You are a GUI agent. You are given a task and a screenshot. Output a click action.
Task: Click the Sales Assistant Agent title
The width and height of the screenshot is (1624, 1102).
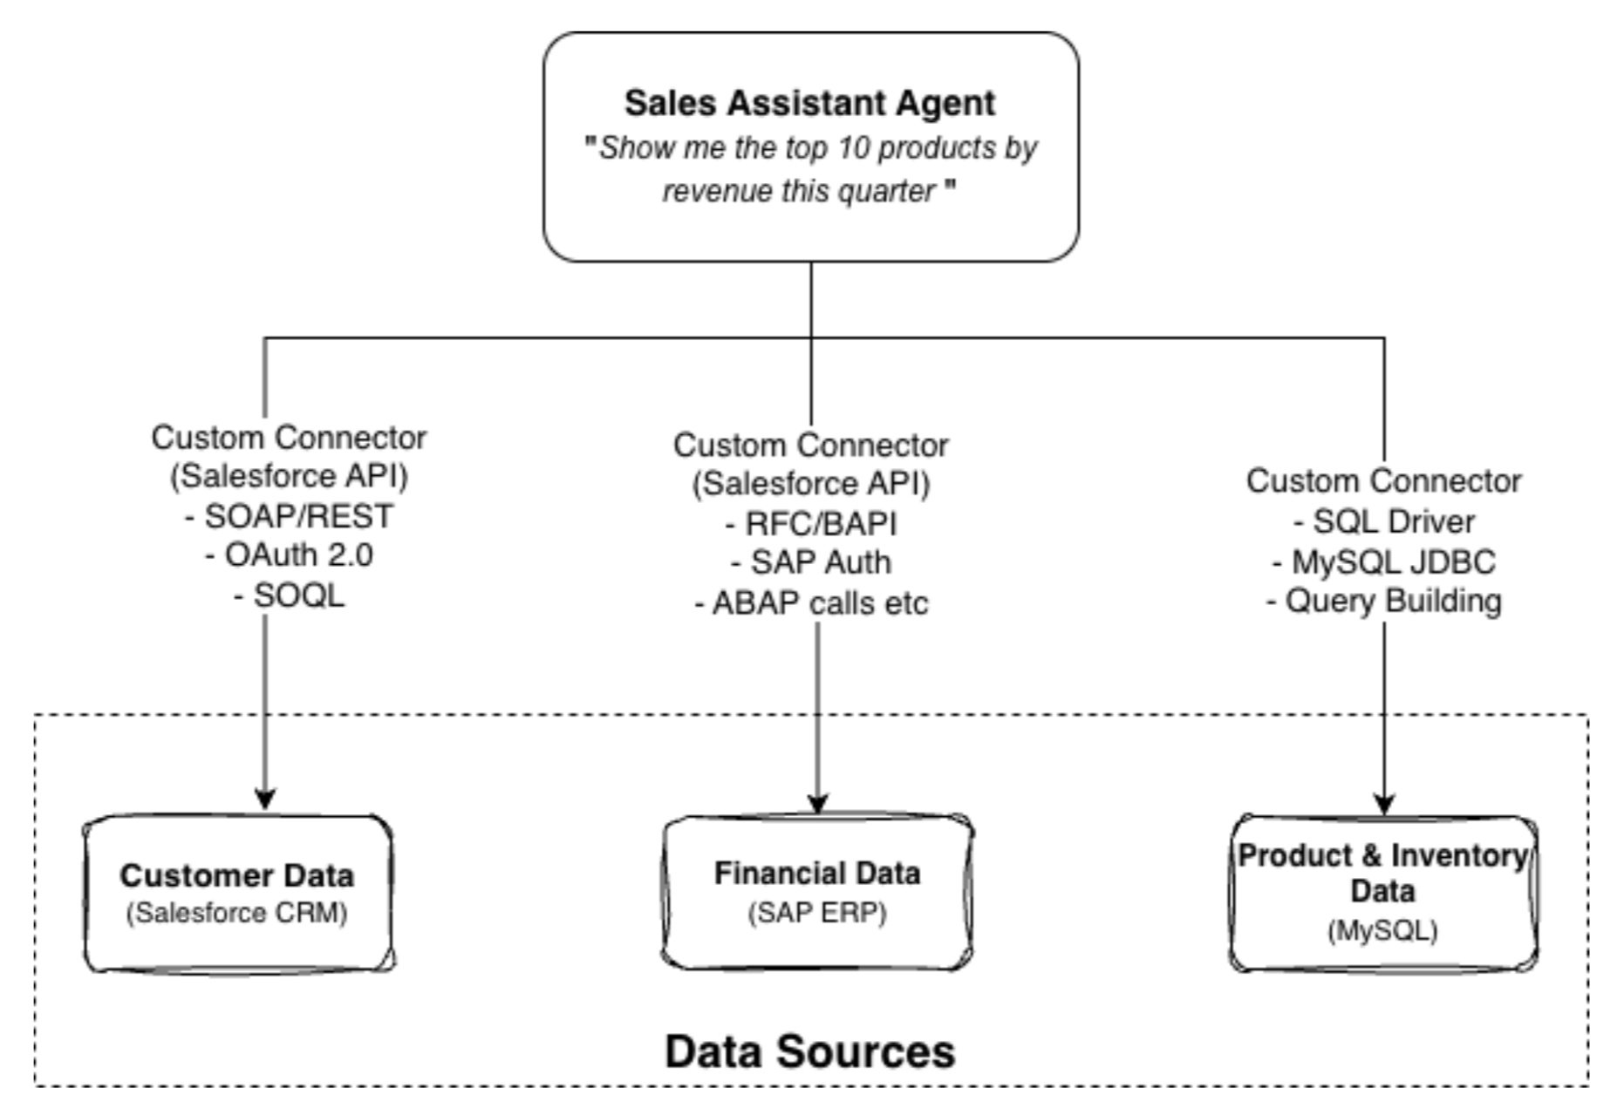(x=809, y=103)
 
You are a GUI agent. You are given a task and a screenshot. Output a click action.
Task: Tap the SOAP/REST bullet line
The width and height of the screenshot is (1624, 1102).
(x=290, y=516)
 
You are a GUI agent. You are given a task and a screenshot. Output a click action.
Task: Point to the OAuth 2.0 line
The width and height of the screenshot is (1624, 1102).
(x=290, y=555)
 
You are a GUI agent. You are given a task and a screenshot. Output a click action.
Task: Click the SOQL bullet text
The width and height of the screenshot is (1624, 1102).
(x=290, y=595)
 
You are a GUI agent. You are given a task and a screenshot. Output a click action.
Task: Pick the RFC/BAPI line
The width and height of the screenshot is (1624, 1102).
(x=811, y=524)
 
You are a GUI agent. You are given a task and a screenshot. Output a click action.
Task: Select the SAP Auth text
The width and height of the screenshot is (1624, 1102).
(x=811, y=562)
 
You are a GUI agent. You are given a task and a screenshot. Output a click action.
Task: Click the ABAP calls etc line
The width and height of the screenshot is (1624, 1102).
(x=811, y=602)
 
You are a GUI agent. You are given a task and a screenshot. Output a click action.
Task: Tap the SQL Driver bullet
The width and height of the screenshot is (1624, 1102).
(x=1384, y=521)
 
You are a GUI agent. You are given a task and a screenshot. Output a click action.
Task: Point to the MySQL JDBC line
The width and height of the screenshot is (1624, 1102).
(x=1384, y=561)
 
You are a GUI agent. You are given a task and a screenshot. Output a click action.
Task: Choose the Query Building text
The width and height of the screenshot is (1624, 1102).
(x=1384, y=601)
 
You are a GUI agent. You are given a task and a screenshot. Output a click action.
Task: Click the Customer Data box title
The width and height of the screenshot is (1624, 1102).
(x=237, y=875)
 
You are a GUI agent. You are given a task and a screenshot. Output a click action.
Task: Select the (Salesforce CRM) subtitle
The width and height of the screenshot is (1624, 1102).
(x=237, y=913)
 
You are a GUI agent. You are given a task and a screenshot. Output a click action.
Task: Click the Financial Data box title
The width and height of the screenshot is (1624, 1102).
(x=817, y=873)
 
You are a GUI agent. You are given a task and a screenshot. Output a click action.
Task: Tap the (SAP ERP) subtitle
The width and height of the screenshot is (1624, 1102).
(x=817, y=913)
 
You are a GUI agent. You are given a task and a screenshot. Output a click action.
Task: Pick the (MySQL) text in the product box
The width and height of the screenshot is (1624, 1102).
(x=1383, y=930)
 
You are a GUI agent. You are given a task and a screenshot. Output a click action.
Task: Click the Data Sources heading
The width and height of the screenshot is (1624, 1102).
(x=809, y=1051)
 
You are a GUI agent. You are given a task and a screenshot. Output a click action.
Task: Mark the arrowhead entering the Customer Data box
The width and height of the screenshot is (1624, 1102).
(x=266, y=799)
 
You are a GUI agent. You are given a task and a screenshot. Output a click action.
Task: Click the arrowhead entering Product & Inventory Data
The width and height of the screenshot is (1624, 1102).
(x=1385, y=804)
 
